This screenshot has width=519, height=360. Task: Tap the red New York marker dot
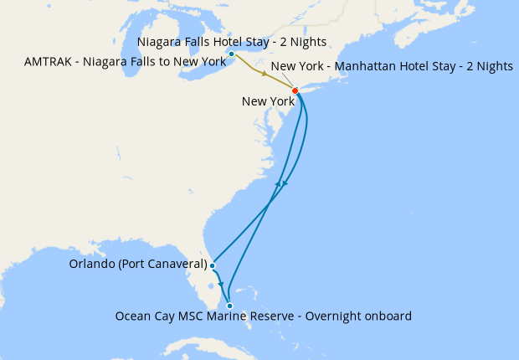[x=295, y=90]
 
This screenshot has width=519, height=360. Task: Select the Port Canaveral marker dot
[x=213, y=265]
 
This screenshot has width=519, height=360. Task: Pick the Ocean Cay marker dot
[x=229, y=306]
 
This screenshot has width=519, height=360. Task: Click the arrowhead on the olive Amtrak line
[x=265, y=75]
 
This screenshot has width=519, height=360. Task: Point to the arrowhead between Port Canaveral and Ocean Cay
[x=221, y=285]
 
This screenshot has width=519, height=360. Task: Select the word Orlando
[x=87, y=265]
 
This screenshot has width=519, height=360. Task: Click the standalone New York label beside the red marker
[x=268, y=101]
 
